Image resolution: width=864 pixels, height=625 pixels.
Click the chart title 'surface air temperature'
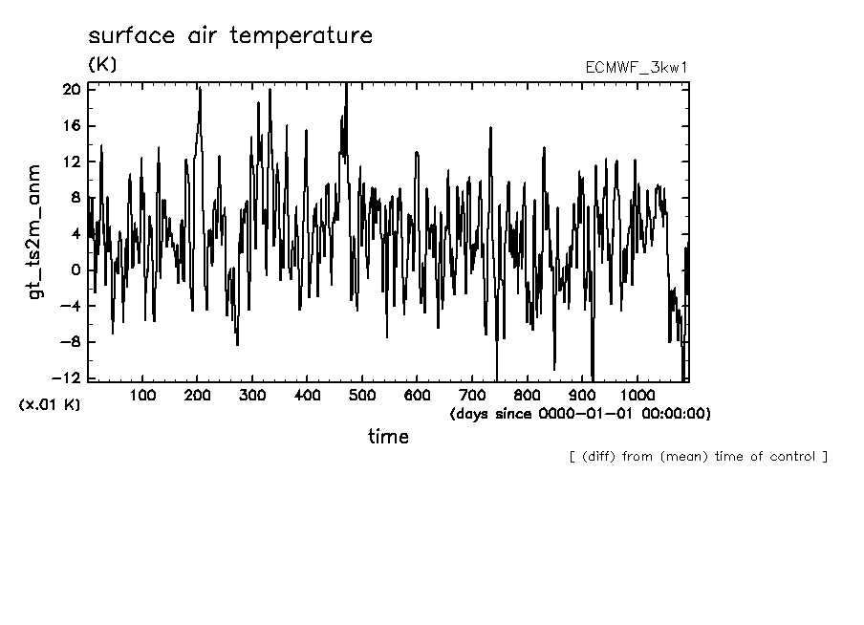[x=229, y=36]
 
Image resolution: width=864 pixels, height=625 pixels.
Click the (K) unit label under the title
[x=101, y=65]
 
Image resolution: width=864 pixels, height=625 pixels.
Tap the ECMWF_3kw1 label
[x=637, y=68]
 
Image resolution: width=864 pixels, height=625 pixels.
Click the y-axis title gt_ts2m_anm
[x=36, y=231]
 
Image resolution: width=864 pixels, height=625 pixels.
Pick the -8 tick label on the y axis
[x=68, y=342]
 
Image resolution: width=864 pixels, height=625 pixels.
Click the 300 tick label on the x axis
[x=252, y=394]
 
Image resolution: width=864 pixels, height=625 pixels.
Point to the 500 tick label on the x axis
[x=361, y=394]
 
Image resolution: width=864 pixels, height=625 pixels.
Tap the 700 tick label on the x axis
[x=471, y=394]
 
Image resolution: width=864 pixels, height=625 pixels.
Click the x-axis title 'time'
[x=388, y=437]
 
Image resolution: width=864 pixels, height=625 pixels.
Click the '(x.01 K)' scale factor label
[x=50, y=404]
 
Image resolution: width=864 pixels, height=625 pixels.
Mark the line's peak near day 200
[x=200, y=89]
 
